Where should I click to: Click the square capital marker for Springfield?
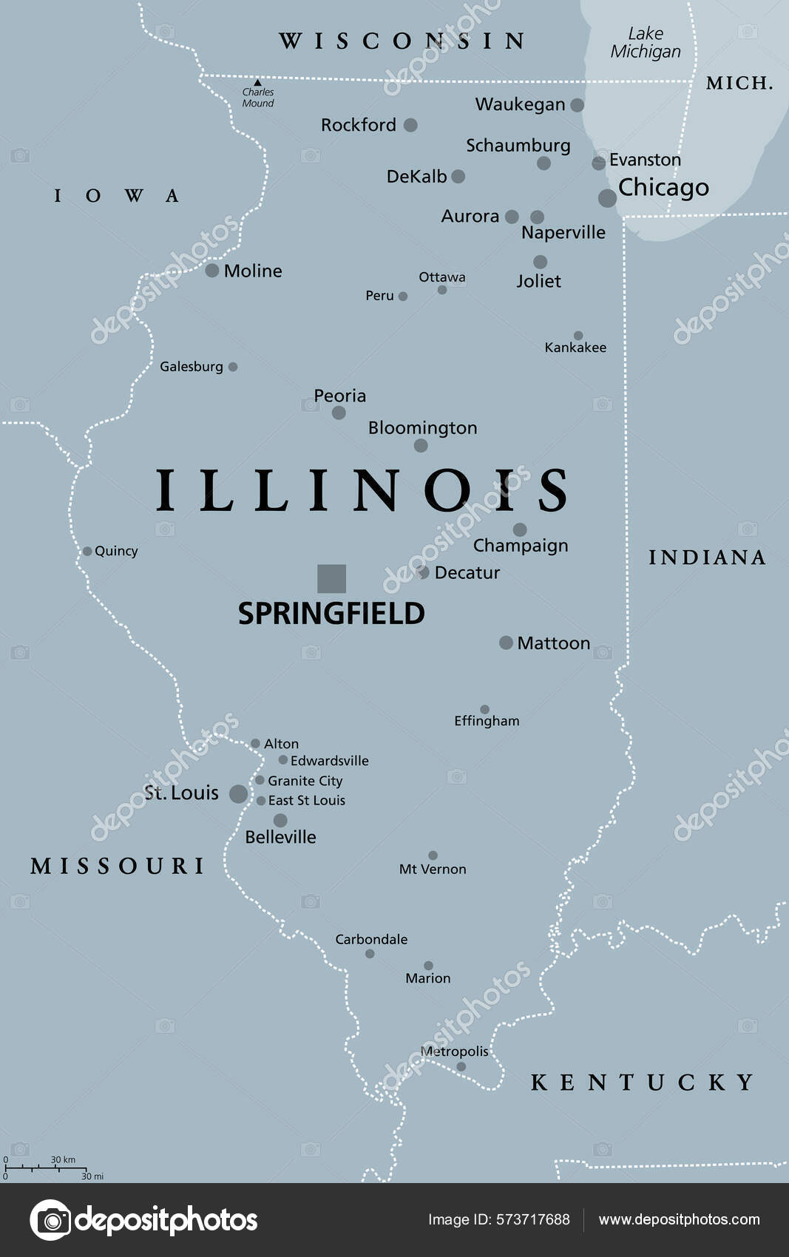331,578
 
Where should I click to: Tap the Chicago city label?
663,188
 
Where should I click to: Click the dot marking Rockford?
410,125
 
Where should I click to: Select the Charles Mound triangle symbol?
257,82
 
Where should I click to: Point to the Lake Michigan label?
646,43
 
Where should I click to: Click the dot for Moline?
212,271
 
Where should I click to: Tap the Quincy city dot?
87,551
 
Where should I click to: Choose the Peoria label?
339,396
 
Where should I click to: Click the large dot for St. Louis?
238,794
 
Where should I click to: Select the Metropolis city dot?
461,1066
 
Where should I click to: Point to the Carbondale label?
371,939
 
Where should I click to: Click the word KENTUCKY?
642,1082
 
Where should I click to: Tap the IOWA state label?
116,196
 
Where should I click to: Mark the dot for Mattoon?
506,643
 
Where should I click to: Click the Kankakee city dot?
578,336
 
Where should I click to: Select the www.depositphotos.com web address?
679,1219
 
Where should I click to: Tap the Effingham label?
487,721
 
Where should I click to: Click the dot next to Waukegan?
578,105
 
